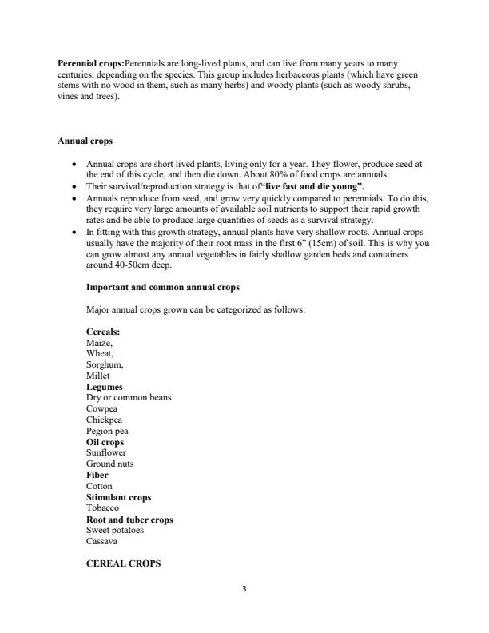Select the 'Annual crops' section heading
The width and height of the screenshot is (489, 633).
(x=84, y=141)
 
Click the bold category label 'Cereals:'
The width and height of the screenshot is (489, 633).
(x=103, y=331)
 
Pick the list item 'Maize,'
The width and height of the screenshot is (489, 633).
(x=100, y=342)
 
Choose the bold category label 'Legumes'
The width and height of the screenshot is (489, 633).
(x=104, y=386)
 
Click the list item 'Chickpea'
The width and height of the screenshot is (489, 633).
(x=104, y=420)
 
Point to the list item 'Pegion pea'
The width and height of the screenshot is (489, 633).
(x=108, y=431)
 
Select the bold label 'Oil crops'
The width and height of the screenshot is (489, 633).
(x=105, y=441)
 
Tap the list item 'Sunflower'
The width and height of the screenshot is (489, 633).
(x=106, y=452)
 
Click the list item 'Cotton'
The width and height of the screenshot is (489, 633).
(x=99, y=486)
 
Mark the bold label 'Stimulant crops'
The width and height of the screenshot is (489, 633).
(x=118, y=497)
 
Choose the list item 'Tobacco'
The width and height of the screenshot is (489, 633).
(x=102, y=508)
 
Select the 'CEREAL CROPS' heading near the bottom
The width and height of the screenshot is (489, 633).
(x=123, y=563)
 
